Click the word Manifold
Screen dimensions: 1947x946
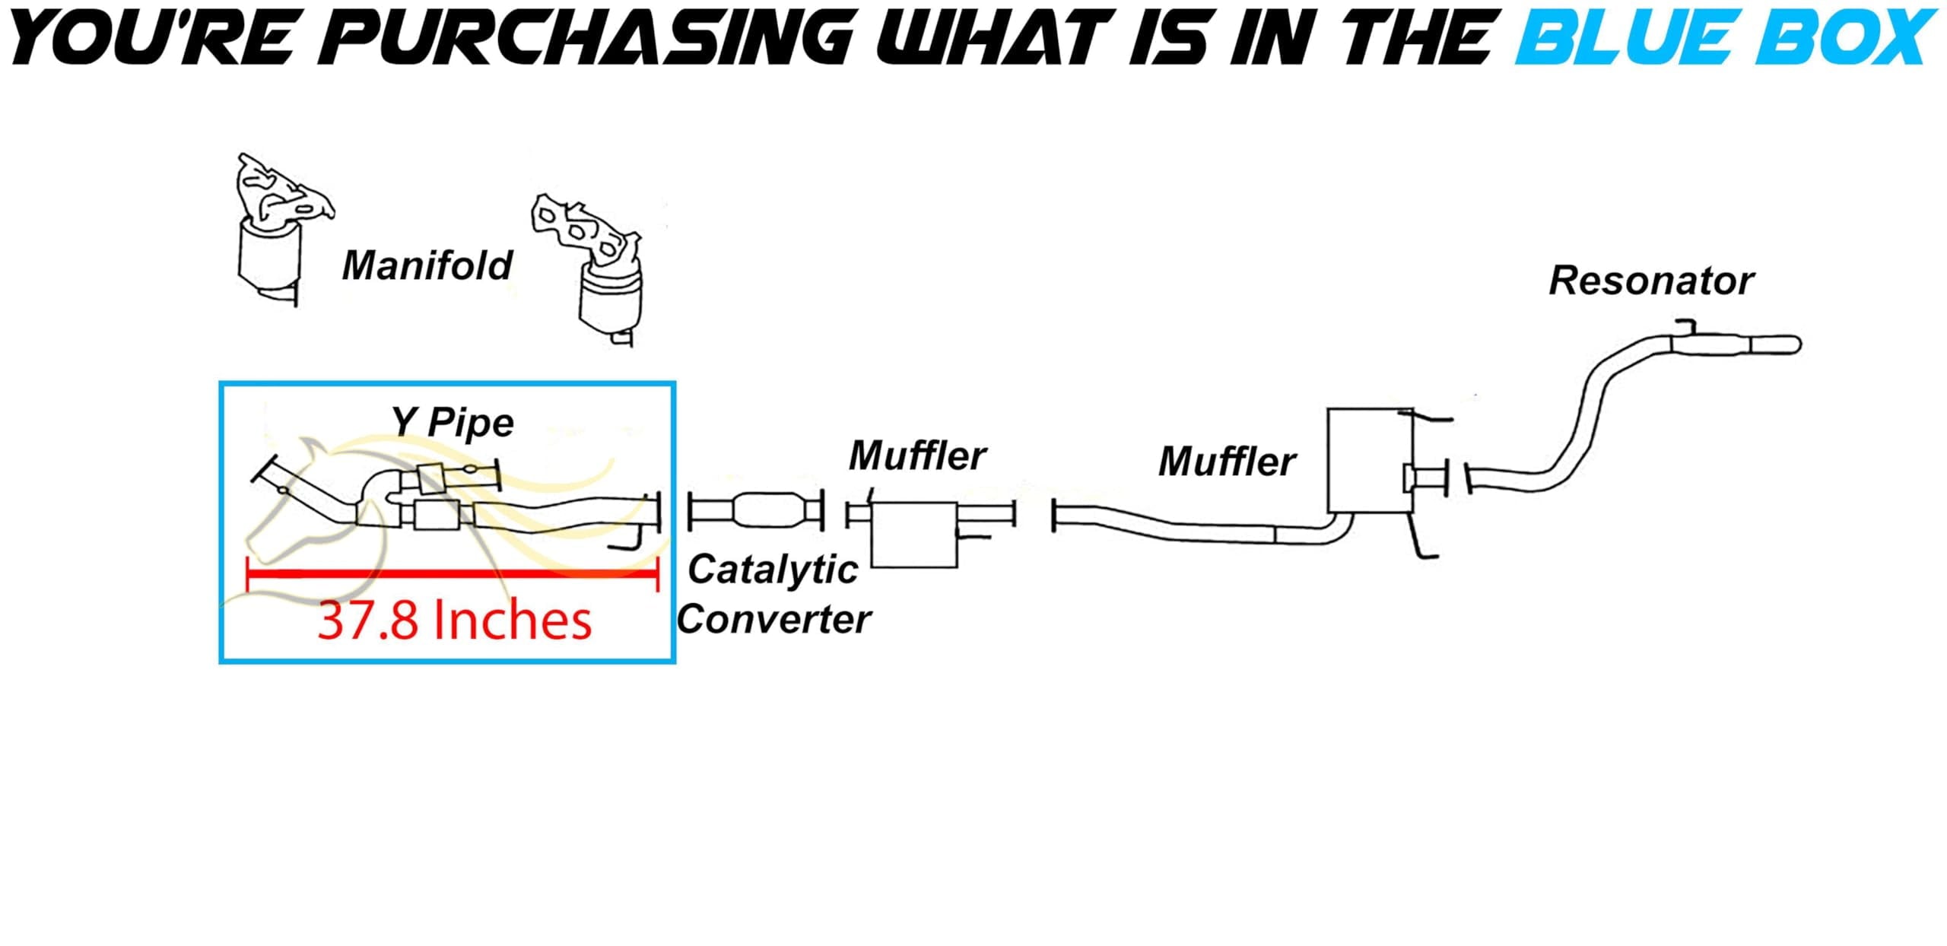tap(427, 265)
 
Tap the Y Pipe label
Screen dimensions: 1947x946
tap(453, 422)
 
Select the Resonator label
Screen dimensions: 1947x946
tap(1651, 280)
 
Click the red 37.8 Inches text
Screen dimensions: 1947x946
tap(454, 620)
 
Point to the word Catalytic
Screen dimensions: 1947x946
tap(773, 570)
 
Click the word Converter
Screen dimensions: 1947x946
tap(774, 619)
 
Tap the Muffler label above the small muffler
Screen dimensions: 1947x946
tap(917, 456)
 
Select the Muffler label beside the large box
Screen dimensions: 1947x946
tap(1227, 461)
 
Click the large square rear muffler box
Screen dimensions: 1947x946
tap(1371, 460)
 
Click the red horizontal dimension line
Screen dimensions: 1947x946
tap(453, 573)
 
